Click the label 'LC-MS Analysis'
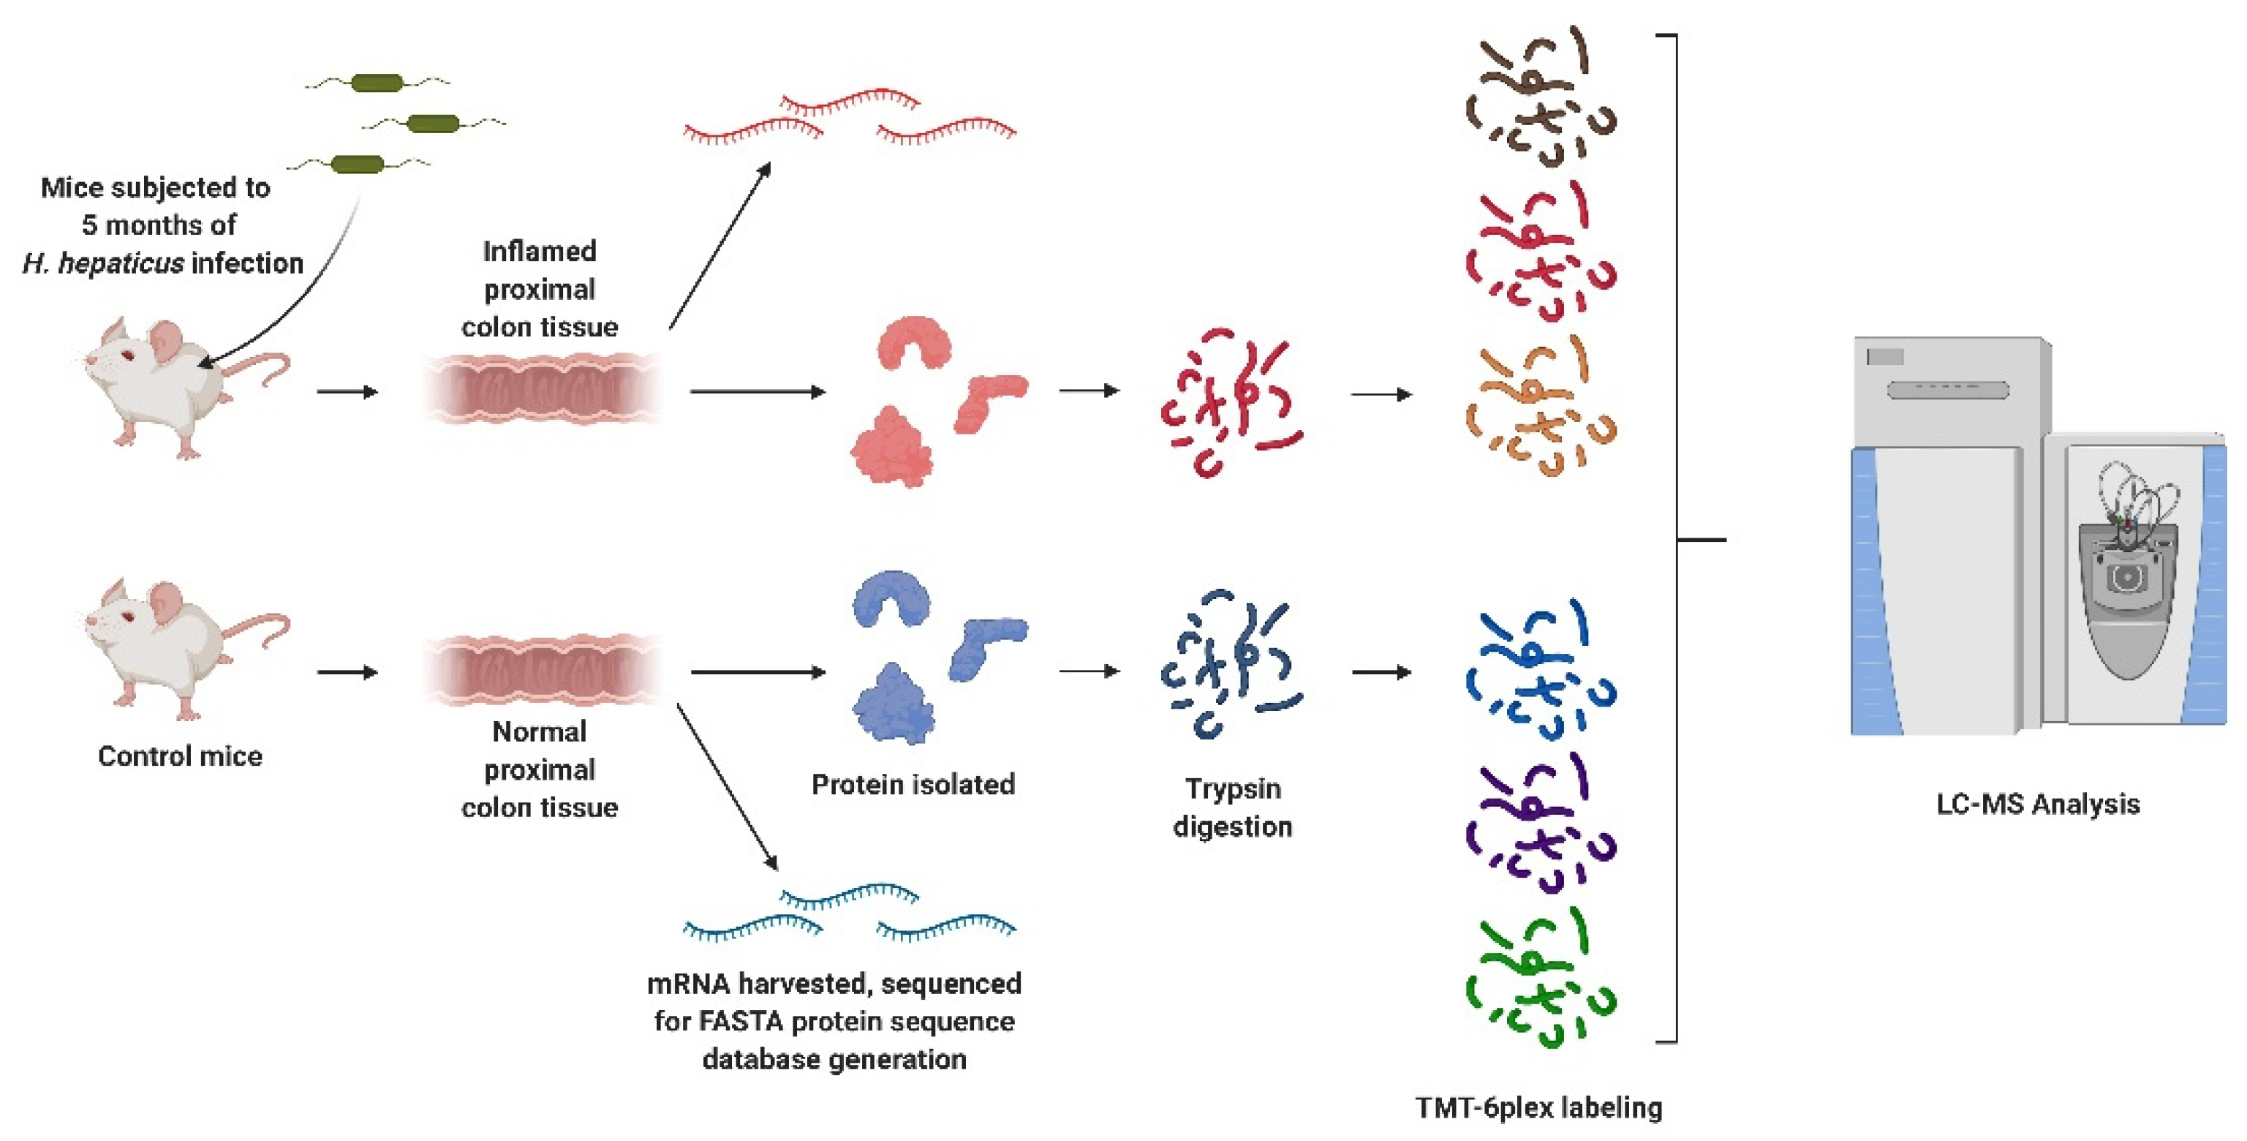click(x=2038, y=803)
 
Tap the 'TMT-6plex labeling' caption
click(x=1538, y=1107)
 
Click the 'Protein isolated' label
click(x=913, y=784)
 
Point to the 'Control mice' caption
click(x=180, y=756)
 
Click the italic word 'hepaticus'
click(x=121, y=263)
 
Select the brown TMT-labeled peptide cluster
click(x=1540, y=96)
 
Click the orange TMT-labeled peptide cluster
click(x=1540, y=407)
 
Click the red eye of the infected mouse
click(x=127, y=354)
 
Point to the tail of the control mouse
click(x=262, y=625)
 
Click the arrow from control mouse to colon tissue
click(x=347, y=671)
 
